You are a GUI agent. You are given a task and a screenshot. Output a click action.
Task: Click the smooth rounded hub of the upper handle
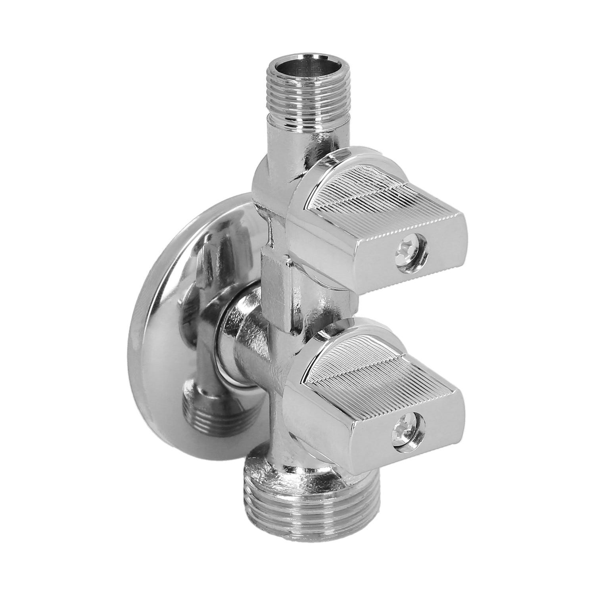[x=305, y=198]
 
